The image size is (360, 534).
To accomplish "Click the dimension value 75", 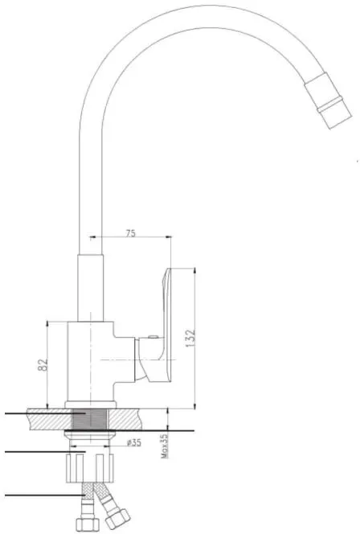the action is (131, 233).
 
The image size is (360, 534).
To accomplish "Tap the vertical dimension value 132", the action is (191, 338).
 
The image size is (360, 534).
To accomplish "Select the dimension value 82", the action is (43, 365).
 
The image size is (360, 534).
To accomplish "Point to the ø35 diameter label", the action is (133, 443).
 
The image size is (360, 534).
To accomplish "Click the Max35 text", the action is (164, 446).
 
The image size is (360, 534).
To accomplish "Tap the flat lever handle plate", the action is (167, 325).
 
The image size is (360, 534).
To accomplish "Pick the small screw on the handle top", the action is (153, 337).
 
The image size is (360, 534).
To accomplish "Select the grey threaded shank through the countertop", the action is (90, 419).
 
